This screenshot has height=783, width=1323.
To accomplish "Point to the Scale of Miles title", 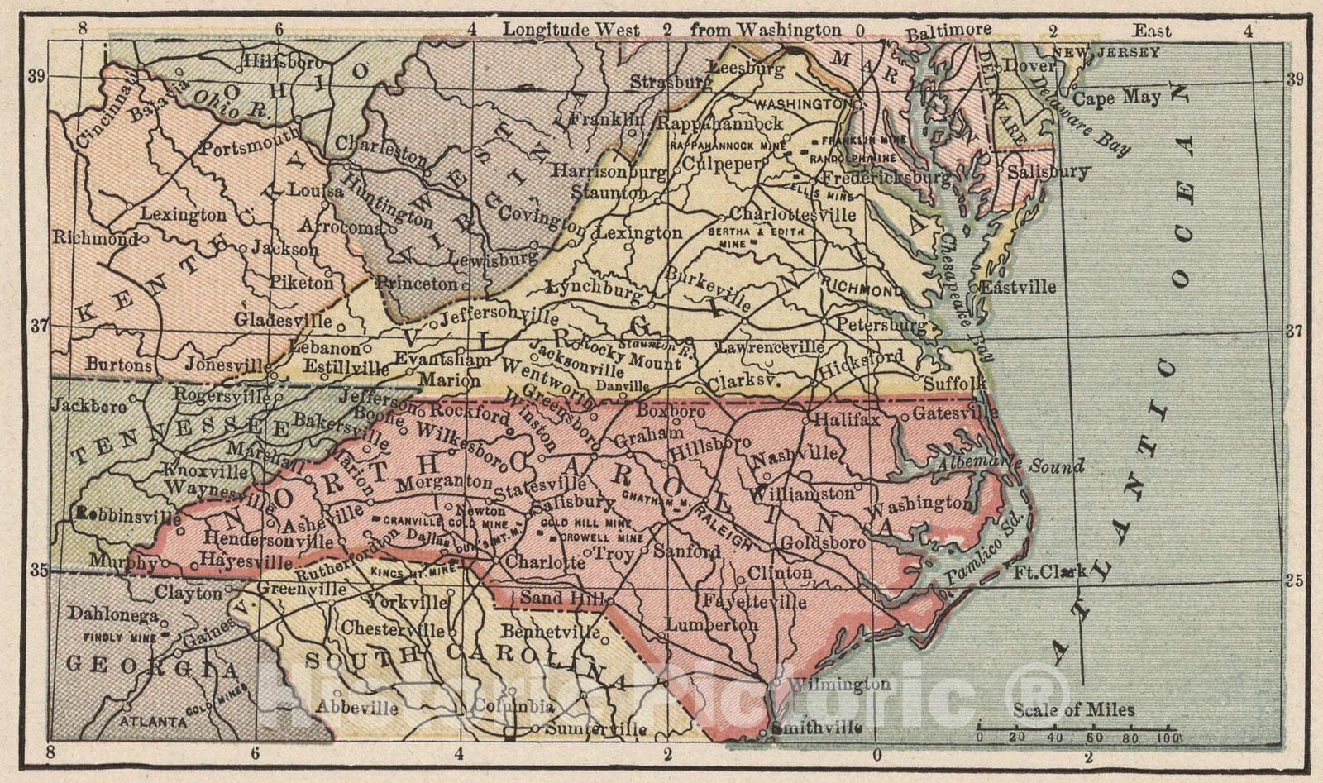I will coord(1073,710).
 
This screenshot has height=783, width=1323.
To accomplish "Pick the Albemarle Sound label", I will coord(1010,466).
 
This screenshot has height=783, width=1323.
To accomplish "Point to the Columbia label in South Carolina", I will coord(512,707).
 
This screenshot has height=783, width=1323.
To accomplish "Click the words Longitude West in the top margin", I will coord(571,30).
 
